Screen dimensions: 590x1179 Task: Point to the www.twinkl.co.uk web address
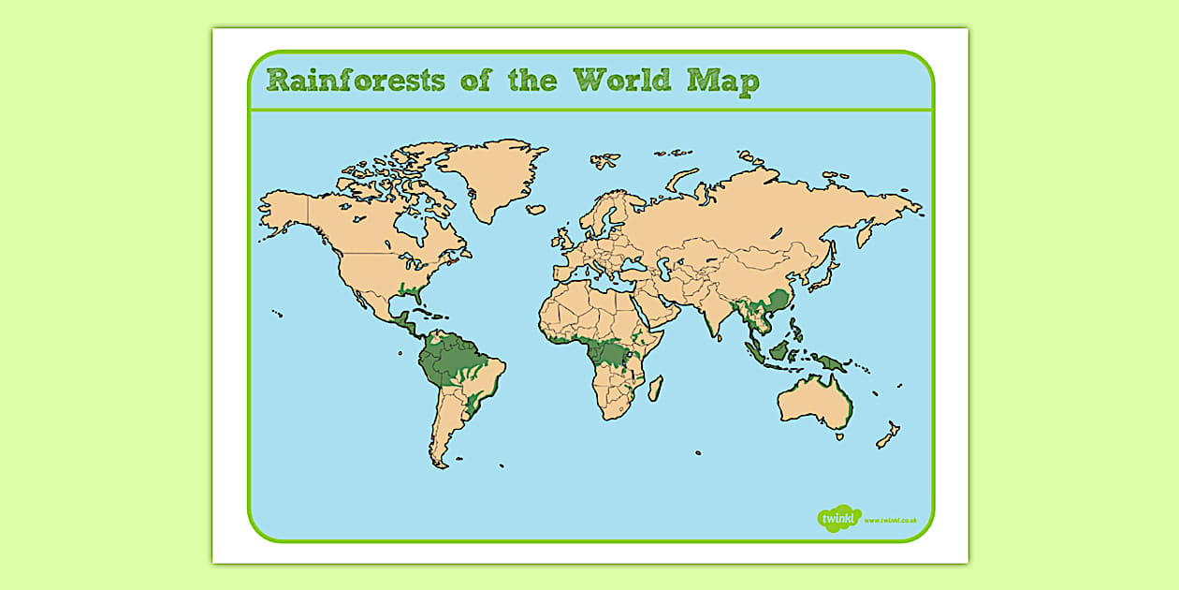click(x=890, y=520)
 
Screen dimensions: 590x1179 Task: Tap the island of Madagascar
click(x=656, y=388)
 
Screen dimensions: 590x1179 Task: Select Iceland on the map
click(x=535, y=210)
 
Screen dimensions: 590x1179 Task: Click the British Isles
click(x=560, y=239)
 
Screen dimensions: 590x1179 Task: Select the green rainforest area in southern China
click(x=773, y=303)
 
